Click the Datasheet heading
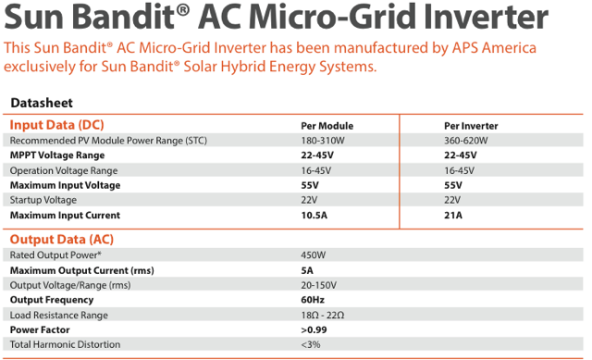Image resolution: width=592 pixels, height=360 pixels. click(42, 103)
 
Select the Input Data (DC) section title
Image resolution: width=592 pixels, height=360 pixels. click(56, 125)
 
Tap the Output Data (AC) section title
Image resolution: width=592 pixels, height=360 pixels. click(62, 240)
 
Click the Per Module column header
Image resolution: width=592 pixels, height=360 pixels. click(327, 126)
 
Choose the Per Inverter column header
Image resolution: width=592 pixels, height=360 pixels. click(471, 126)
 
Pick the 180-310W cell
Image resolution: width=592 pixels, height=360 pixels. click(323, 141)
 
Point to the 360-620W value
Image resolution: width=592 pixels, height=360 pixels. click(466, 141)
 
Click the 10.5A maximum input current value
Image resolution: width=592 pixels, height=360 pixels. click(314, 216)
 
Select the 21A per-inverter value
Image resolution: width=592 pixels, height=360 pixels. click(453, 216)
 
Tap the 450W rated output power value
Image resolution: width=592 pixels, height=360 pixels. click(313, 255)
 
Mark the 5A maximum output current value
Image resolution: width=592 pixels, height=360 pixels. click(307, 270)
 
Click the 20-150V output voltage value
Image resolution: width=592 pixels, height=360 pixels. click(318, 285)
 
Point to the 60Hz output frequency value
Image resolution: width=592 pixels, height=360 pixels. click(313, 300)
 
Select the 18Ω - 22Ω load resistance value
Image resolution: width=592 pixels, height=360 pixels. click(323, 315)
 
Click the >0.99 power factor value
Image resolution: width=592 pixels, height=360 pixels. click(314, 329)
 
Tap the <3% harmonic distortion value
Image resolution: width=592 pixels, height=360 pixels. click(311, 344)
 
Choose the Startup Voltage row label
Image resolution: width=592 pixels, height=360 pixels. click(43, 200)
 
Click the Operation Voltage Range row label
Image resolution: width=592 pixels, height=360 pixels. click(64, 170)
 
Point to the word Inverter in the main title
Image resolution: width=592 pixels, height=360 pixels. click(486, 17)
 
